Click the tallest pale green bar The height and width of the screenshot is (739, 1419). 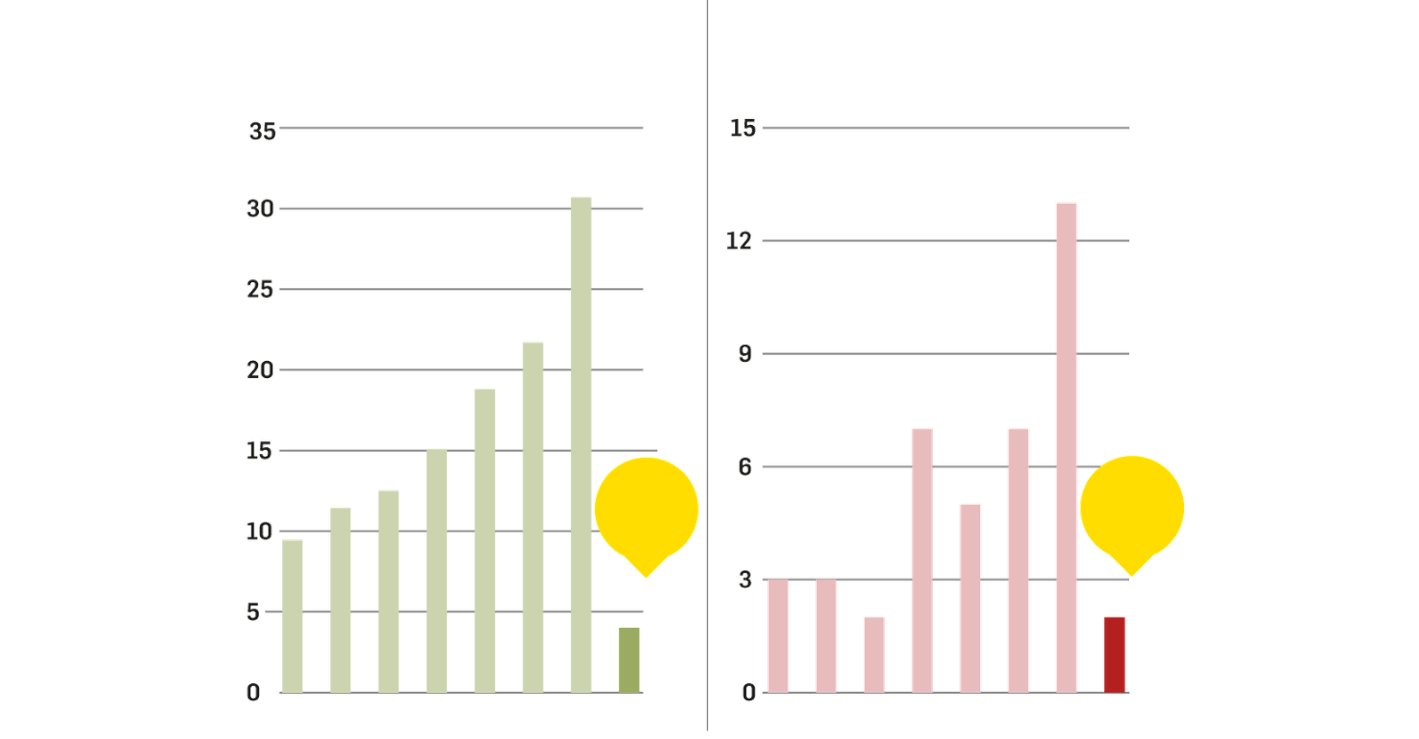[580, 444]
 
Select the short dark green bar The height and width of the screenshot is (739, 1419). [629, 659]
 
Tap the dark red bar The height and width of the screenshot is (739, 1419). [1115, 655]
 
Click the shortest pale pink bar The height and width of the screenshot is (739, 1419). [874, 654]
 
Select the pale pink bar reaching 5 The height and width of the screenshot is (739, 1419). [970, 597]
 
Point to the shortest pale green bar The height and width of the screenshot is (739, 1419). [293, 615]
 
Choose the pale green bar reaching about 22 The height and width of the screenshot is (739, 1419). [532, 515]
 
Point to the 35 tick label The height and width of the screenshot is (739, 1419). [262, 132]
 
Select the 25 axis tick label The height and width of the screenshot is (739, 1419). [260, 290]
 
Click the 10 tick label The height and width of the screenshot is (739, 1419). [259, 532]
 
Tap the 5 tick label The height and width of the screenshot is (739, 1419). [254, 612]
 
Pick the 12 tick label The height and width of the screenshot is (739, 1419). [738, 240]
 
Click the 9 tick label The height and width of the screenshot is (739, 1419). [744, 354]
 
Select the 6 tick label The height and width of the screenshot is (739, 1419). [744, 467]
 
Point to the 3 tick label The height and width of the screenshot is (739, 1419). [744, 580]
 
